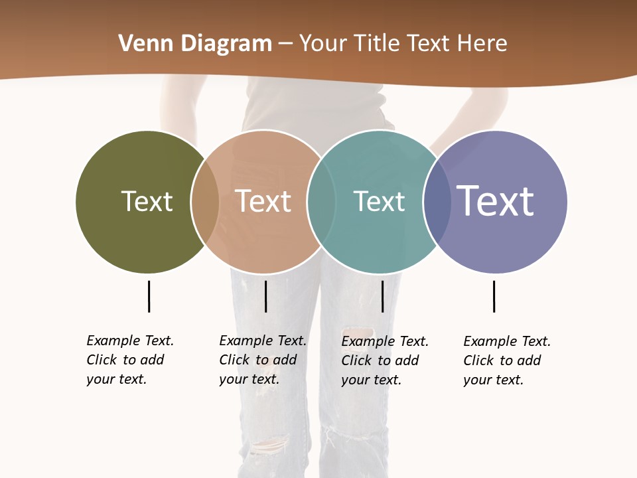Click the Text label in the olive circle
(x=147, y=201)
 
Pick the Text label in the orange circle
(x=263, y=201)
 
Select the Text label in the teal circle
(x=379, y=201)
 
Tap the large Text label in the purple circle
(x=496, y=200)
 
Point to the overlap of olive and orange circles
(x=205, y=202)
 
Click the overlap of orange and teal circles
(x=321, y=202)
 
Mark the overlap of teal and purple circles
(x=437, y=202)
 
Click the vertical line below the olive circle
(x=149, y=296)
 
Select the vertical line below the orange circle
(x=265, y=296)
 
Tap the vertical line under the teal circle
(x=382, y=296)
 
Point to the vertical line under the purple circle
(x=494, y=296)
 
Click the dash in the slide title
(x=285, y=44)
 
